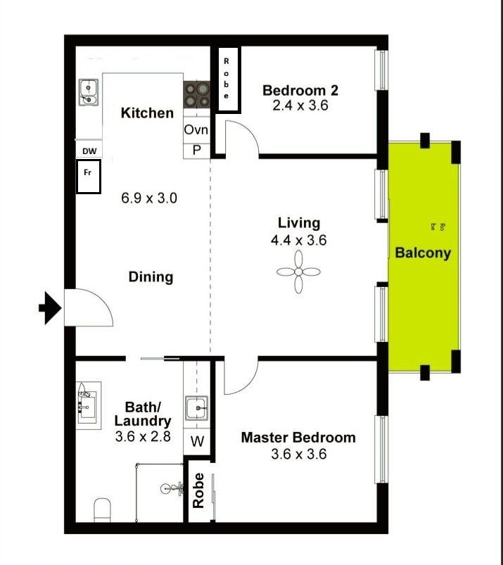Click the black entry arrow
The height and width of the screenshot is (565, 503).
tap(50, 308)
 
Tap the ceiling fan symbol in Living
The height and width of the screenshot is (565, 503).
tap(299, 272)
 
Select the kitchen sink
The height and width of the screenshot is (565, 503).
tap(88, 92)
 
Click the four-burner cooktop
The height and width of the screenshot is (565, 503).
tap(197, 95)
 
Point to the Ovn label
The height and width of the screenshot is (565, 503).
tap(196, 129)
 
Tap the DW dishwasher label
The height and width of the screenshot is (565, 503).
tap(89, 151)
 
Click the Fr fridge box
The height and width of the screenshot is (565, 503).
tap(88, 177)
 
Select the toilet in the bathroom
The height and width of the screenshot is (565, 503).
tap(102, 510)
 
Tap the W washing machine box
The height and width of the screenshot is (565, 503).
tap(197, 441)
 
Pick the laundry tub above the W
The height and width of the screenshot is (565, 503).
tap(197, 408)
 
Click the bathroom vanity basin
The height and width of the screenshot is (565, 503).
tap(87, 406)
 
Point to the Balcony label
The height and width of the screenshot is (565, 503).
tap(423, 253)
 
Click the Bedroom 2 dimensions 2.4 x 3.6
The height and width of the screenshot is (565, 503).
tap(300, 106)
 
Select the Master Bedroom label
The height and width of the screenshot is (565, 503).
tap(298, 438)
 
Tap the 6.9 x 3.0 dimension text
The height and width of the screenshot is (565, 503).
tap(149, 198)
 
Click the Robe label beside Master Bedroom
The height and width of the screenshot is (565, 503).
tap(198, 490)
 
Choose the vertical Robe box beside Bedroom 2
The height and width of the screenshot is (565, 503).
tap(229, 80)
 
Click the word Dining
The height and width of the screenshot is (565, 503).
tap(151, 277)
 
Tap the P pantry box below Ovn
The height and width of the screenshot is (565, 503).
tap(197, 151)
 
